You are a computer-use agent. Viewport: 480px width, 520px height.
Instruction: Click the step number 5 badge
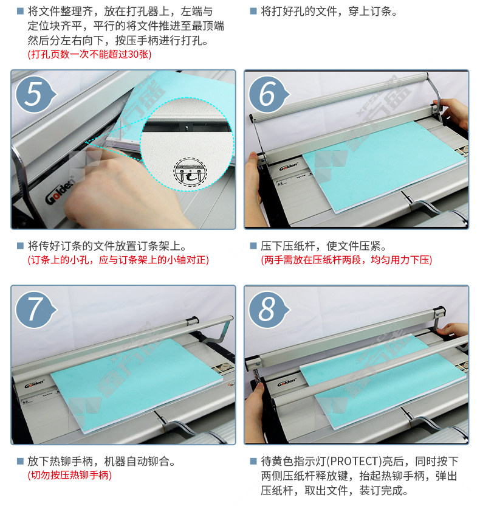35,94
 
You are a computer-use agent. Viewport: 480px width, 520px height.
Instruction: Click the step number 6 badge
269,94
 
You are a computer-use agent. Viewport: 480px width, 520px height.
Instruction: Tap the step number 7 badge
35,310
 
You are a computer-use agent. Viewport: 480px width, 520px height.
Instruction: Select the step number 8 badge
269,310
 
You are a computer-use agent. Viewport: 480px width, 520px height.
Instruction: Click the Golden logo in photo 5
60,192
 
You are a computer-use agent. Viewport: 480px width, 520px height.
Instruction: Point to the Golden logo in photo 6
288,167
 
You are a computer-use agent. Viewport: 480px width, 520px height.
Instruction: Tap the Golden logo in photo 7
34,384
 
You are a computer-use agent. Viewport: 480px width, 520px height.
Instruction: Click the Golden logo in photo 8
287,382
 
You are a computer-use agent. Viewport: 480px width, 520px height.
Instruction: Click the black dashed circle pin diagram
190,173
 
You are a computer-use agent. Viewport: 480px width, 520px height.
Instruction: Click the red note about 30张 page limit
89,54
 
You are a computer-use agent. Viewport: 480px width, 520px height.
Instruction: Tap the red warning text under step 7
69,475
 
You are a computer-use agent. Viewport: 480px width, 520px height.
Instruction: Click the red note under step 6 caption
346,260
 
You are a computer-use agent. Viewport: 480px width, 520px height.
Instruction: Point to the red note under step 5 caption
118,260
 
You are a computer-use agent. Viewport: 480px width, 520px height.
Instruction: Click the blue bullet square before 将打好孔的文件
253,12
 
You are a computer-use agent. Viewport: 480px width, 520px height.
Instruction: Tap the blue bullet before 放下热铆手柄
20,461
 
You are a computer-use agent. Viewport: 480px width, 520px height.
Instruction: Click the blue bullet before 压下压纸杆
253,246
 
